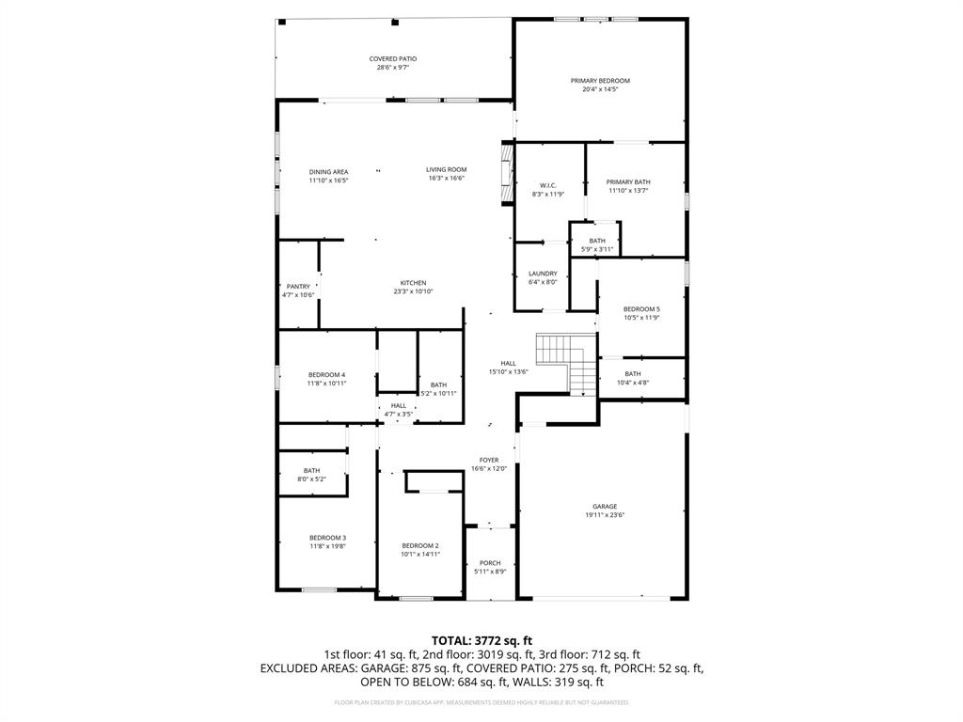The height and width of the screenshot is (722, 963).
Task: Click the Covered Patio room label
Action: [x=393, y=59]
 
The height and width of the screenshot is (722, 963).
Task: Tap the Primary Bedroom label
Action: [x=600, y=81]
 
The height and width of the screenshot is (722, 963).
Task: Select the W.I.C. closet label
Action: [x=548, y=185]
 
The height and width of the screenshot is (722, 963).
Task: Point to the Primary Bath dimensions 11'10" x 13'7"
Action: [x=628, y=191]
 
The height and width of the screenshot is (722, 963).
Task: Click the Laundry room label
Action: [x=543, y=274]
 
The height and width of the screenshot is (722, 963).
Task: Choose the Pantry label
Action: [x=298, y=287]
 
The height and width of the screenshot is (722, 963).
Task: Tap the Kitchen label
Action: [x=414, y=283]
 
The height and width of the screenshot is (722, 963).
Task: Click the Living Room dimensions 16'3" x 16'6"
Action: [x=447, y=179]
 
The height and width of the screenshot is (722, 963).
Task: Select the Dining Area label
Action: [x=329, y=172]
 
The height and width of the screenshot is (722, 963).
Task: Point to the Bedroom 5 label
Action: [x=641, y=309]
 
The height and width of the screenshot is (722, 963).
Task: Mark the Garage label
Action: [x=605, y=507]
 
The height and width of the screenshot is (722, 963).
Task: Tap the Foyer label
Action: [x=489, y=460]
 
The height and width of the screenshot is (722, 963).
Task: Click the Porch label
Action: [x=490, y=563]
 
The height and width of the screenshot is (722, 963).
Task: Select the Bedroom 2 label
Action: [x=420, y=545]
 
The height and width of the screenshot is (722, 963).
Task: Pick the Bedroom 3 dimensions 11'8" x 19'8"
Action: [x=328, y=546]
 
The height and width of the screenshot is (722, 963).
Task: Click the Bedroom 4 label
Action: [x=327, y=375]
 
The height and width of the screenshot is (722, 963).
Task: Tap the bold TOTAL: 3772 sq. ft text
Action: [x=481, y=640]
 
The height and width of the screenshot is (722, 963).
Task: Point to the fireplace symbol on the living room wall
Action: [x=507, y=171]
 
